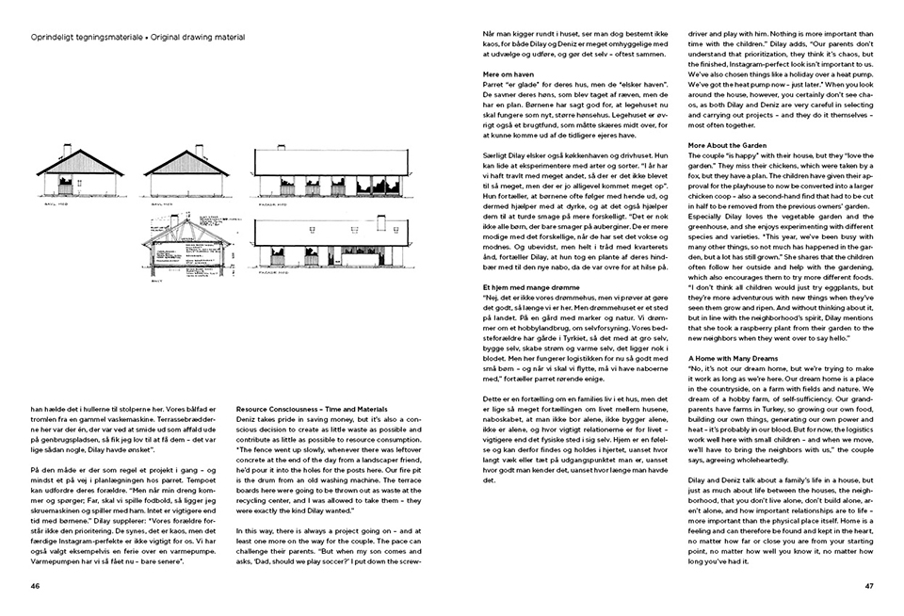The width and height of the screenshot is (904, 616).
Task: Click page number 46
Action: coord(36,585)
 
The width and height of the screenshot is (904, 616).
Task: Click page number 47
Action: coord(868,585)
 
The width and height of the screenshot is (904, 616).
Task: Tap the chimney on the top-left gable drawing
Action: coord(66,148)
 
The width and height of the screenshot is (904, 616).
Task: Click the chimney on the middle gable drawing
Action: coord(198,148)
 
